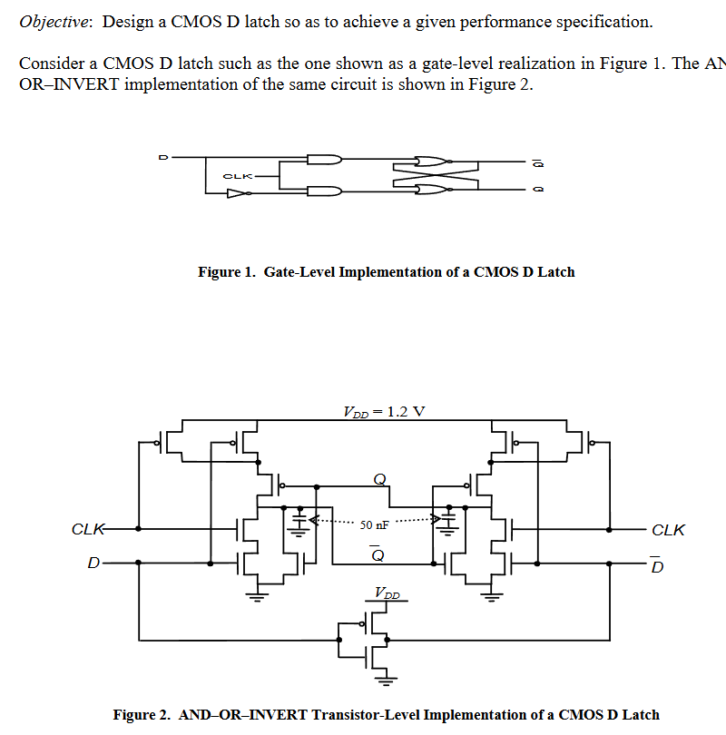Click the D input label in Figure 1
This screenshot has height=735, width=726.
coord(163,157)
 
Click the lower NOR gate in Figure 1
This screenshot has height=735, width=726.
coord(432,189)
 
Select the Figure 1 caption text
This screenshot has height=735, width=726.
coord(386,271)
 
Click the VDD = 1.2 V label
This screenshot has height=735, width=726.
coord(383,411)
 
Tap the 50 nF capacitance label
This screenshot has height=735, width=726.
coord(375,524)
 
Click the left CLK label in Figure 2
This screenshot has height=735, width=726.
coord(89,529)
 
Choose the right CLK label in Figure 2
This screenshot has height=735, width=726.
coord(669,530)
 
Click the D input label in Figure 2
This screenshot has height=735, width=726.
coord(93,563)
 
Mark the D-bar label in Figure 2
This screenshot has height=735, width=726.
coord(658,566)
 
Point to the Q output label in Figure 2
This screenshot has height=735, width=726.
coord(378,479)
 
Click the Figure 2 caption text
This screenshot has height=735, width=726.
coord(386,715)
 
